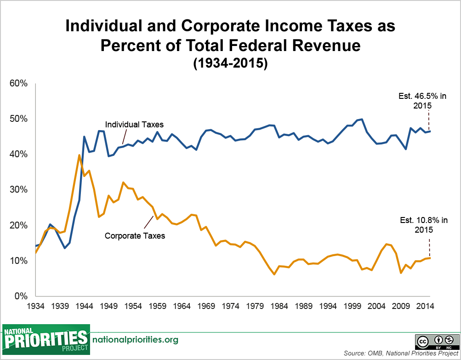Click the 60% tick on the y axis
[19, 84]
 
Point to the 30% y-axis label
[19, 190]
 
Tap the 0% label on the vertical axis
[21, 296]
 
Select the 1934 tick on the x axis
[35, 306]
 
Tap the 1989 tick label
[304, 306]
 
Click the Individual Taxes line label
[134, 124]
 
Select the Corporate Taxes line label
[135, 236]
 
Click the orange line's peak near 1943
[79, 155]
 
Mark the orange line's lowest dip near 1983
[274, 274]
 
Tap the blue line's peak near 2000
[362, 120]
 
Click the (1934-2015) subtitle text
[230, 63]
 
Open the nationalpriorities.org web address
[136, 340]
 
